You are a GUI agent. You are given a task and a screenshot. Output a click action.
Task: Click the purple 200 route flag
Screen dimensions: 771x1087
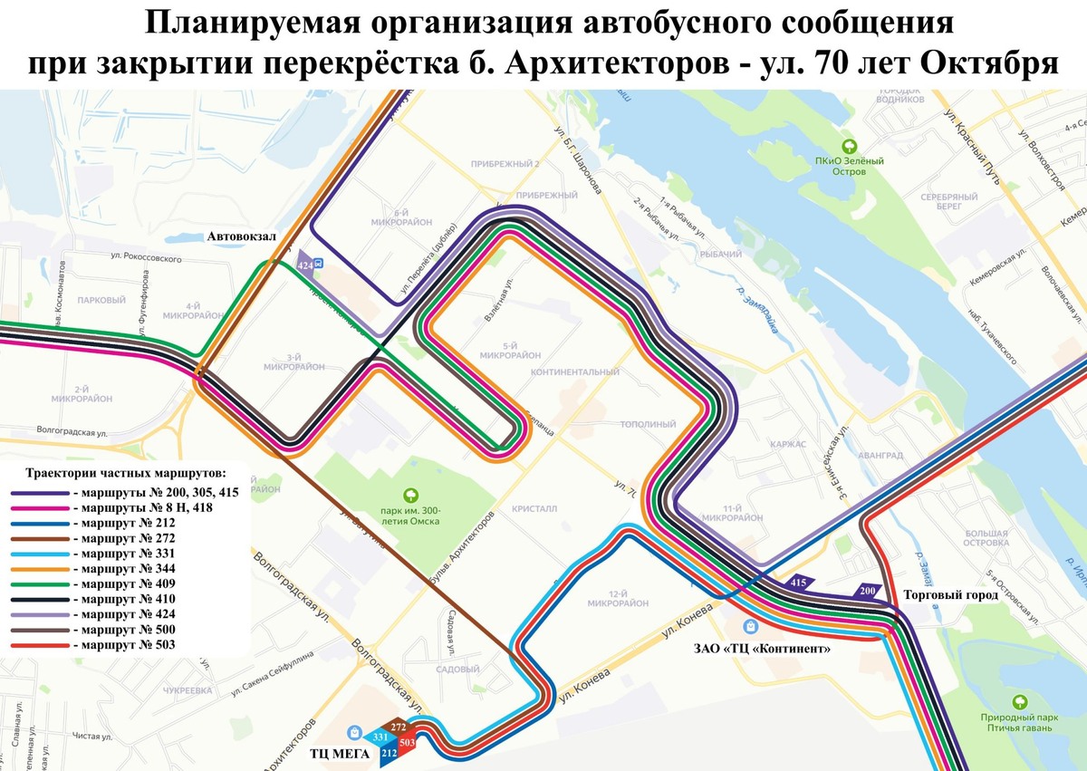(868, 591)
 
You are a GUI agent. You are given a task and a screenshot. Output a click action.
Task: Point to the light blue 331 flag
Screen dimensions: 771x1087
(380, 736)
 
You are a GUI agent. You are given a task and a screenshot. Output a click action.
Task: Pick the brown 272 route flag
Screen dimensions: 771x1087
(399, 726)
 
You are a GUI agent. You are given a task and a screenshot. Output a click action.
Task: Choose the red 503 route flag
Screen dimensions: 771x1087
(407, 742)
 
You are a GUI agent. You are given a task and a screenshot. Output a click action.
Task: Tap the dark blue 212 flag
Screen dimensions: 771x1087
(390, 752)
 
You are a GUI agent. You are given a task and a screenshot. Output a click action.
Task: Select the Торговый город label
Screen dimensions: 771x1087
(950, 595)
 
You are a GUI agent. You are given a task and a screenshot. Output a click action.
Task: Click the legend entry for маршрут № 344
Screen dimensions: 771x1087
(122, 568)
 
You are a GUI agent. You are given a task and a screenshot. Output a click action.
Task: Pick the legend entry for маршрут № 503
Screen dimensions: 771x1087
(122, 645)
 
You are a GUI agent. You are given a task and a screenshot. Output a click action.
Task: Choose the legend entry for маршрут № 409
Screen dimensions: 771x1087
(122, 583)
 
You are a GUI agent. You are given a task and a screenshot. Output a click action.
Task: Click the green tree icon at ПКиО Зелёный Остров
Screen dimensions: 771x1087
(849, 145)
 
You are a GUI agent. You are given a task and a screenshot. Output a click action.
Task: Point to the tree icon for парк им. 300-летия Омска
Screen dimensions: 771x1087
(410, 495)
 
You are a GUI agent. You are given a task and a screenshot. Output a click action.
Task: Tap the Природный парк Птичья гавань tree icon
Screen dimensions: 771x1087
(1020, 700)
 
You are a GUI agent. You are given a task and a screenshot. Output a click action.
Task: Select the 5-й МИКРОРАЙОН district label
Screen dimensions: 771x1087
(511, 351)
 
